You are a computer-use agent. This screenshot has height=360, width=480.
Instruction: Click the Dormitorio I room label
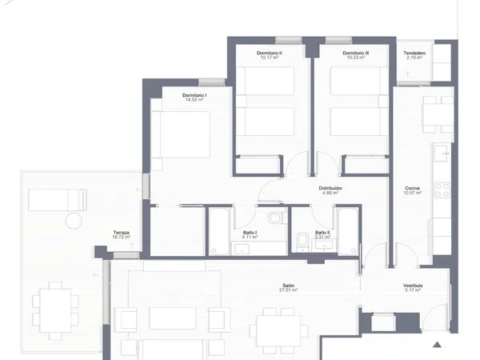(194, 95)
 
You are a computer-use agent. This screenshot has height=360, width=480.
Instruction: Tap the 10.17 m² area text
(270, 58)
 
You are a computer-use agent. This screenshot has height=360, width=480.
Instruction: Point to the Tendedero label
(414, 53)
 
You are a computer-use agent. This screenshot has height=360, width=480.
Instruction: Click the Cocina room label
(412, 188)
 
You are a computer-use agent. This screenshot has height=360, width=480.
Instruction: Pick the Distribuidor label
(330, 188)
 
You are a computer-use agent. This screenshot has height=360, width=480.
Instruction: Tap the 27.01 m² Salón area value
(288, 290)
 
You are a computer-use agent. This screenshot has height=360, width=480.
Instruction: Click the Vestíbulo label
(413, 286)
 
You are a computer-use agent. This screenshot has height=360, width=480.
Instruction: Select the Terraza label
(122, 232)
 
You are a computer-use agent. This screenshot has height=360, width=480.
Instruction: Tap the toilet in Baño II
(302, 242)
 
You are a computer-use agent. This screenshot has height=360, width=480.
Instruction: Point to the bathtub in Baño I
(218, 231)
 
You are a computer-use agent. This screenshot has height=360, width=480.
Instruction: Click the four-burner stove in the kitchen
(442, 190)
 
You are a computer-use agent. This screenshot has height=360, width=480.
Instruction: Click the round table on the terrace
(74, 221)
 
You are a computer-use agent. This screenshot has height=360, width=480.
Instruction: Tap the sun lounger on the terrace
(58, 200)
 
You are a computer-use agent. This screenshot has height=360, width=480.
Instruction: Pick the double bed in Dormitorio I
(181, 134)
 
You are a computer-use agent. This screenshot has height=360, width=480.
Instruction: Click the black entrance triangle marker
(437, 345)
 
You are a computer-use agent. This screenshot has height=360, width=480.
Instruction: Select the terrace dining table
(55, 310)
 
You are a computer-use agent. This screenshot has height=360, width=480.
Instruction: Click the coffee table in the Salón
(172, 318)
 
